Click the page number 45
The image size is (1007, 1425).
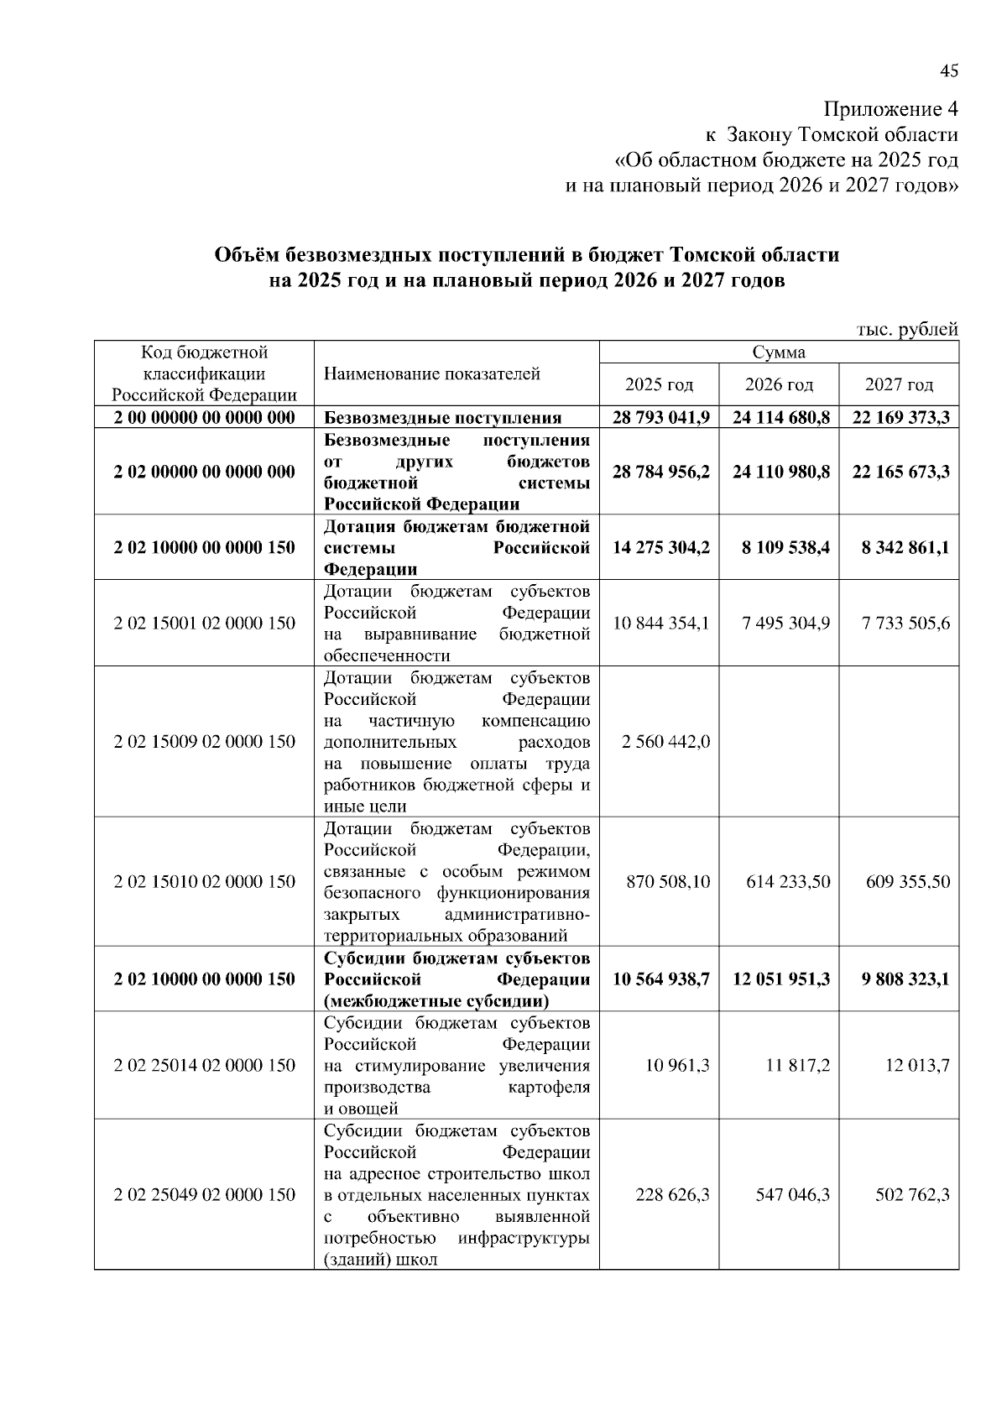pyautogui.click(x=948, y=72)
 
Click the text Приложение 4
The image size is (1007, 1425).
pyautogui.click(x=890, y=110)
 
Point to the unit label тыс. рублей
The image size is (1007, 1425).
pyautogui.click(x=907, y=330)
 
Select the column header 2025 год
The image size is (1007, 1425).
pyautogui.click(x=660, y=385)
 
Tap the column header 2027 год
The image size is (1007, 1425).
pyautogui.click(x=899, y=385)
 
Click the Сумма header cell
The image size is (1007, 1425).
pyautogui.click(x=779, y=352)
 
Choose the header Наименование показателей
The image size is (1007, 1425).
pyautogui.click(x=432, y=374)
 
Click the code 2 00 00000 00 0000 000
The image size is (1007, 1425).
pyautogui.click(x=204, y=418)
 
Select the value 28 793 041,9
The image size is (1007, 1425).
pyautogui.click(x=660, y=418)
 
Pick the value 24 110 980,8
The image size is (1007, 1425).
pyautogui.click(x=780, y=472)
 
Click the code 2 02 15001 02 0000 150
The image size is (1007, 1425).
pyautogui.click(x=204, y=624)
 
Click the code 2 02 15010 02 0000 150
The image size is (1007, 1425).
pyautogui.click(x=204, y=881)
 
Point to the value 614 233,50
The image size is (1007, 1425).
pyautogui.click(x=788, y=881)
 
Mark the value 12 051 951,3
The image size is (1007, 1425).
pyautogui.click(x=780, y=979)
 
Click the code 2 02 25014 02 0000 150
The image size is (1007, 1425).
pyautogui.click(x=204, y=1066)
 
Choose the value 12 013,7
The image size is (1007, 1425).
pyautogui.click(x=917, y=1066)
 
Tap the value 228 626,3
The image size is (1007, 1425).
pyautogui.click(x=672, y=1194)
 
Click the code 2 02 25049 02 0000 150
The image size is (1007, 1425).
pyautogui.click(x=204, y=1194)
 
